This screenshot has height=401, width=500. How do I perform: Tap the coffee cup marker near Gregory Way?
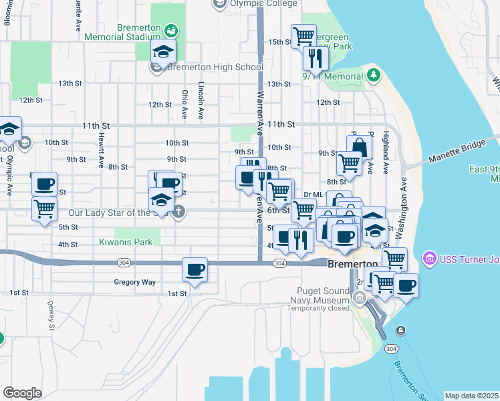[195, 269]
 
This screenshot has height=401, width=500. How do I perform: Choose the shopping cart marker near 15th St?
[304, 35]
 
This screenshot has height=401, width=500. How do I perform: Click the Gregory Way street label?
[134, 282]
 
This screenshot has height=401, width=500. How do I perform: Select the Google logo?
[21, 393]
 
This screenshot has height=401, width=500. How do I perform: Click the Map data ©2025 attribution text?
[472, 396]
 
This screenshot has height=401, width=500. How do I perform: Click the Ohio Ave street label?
[185, 104]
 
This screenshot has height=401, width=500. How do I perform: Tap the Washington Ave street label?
[404, 208]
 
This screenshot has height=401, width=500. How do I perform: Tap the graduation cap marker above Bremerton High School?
[163, 51]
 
